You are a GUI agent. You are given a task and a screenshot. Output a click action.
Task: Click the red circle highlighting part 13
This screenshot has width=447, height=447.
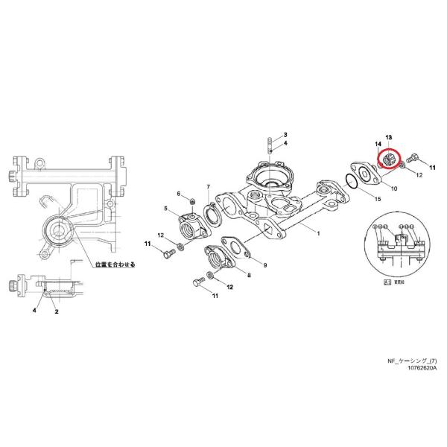pos(390,159)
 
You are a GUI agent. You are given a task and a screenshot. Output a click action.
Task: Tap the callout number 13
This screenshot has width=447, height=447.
pos(388,138)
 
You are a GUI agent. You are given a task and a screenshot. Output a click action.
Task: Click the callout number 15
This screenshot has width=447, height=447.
pos(377,199)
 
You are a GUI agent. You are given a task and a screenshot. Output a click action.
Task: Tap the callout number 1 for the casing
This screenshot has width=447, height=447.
pos(318,233)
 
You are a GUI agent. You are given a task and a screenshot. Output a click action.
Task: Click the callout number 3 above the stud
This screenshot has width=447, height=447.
pos(285,133)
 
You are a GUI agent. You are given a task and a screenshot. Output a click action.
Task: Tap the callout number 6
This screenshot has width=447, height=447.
pos(179,194)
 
